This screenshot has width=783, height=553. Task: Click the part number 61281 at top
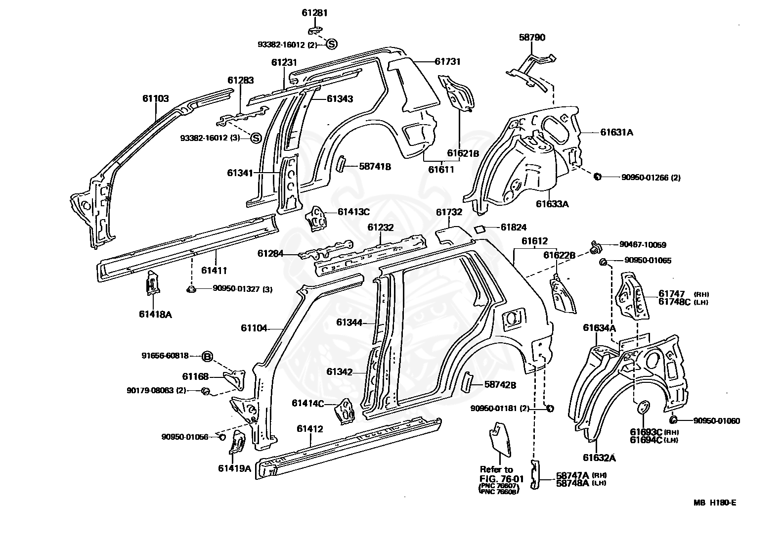(314, 13)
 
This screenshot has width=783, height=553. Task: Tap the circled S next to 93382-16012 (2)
(331, 45)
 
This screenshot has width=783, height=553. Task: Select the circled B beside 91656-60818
(208, 356)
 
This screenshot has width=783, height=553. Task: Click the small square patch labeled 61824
(478, 229)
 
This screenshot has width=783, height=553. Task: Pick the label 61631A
(617, 132)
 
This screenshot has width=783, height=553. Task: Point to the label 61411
(214, 270)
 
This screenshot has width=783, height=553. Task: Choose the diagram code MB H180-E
(714, 503)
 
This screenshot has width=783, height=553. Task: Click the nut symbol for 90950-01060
(673, 420)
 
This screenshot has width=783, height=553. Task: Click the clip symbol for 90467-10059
(595, 245)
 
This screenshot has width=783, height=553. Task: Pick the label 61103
(156, 99)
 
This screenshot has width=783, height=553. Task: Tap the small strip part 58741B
(340, 164)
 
